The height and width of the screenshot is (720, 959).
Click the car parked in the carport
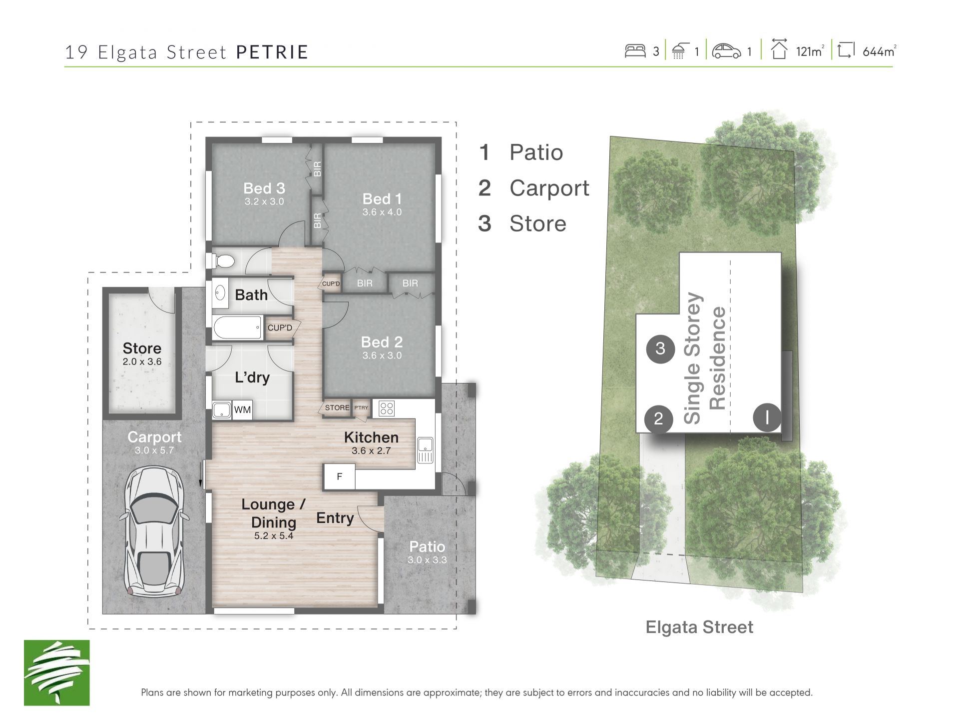pyautogui.click(x=154, y=531)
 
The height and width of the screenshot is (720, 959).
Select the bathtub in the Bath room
pyautogui.click(x=237, y=328)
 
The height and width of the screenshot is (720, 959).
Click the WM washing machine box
pyautogui.click(x=243, y=409)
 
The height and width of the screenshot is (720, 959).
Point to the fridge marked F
pyautogui.click(x=340, y=476)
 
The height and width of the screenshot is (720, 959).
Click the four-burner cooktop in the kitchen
pyautogui.click(x=387, y=408)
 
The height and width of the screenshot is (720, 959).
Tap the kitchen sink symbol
pyautogui.click(x=425, y=450)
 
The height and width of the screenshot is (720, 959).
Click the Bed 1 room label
pyautogui.click(x=382, y=199)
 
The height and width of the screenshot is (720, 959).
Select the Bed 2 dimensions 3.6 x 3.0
pyautogui.click(x=382, y=355)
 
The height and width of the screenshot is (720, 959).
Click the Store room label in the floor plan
pyautogui.click(x=142, y=348)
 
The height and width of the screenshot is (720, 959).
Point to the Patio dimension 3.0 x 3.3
pyautogui.click(x=427, y=560)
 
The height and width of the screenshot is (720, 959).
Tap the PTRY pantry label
pyautogui.click(x=361, y=407)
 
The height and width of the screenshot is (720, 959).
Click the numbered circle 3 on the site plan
pyautogui.click(x=660, y=348)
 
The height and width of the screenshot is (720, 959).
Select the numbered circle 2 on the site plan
pyautogui.click(x=659, y=418)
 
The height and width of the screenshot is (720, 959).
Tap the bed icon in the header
pyautogui.click(x=635, y=51)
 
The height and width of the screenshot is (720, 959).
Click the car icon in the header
pyautogui.click(x=726, y=51)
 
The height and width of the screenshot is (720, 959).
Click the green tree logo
pyautogui.click(x=57, y=672)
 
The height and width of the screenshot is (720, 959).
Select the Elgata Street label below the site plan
pyautogui.click(x=699, y=627)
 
